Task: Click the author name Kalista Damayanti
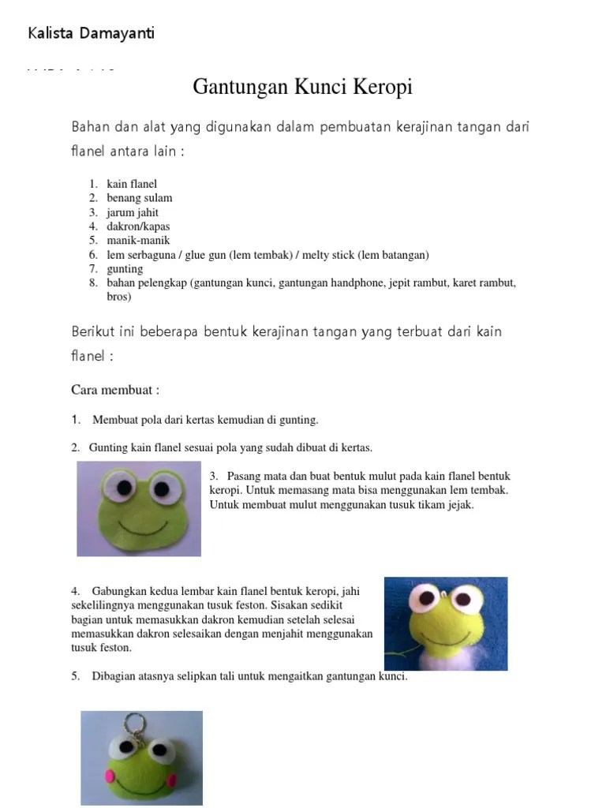click(x=91, y=33)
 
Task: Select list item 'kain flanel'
click(x=132, y=184)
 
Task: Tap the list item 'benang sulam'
click(x=139, y=198)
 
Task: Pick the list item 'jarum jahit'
click(x=133, y=212)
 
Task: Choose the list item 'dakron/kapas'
click(x=138, y=226)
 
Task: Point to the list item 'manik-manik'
click(x=138, y=241)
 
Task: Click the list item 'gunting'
click(x=125, y=269)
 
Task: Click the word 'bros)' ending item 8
click(x=119, y=297)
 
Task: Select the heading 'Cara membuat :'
click(x=115, y=390)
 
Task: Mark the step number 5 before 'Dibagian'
click(x=75, y=676)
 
